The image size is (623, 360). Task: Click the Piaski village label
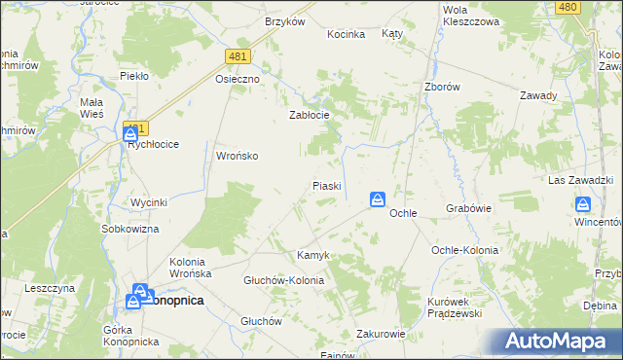[x=325, y=185]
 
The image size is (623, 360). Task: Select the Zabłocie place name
[x=310, y=115]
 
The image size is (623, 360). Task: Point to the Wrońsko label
[x=237, y=156]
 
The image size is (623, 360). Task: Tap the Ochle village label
[x=403, y=212]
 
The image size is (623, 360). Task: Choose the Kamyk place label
[x=313, y=255]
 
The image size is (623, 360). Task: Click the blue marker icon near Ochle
[x=377, y=199]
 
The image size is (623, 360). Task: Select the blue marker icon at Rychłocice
[x=130, y=132]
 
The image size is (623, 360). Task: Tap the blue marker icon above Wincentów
[x=583, y=204]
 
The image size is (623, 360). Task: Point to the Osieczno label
[x=238, y=80]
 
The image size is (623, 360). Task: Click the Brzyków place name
[x=284, y=21]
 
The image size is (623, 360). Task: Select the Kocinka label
[x=347, y=34]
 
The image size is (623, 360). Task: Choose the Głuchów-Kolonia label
[x=283, y=280]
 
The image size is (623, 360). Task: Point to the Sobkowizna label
[x=130, y=229]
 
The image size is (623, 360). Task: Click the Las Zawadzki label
[x=580, y=181]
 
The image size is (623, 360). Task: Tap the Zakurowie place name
[x=381, y=333]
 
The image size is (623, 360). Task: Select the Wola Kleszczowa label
[x=470, y=14]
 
